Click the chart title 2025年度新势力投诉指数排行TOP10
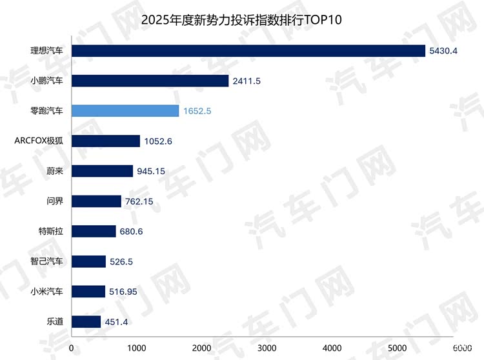coord(241,19)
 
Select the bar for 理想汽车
coord(248,51)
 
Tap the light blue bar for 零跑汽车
coord(125,111)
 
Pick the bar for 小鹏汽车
coord(150,81)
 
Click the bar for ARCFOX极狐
coord(105,141)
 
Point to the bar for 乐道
coord(86,321)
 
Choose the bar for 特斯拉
coord(94,231)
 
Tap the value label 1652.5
coord(197,111)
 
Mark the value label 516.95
coord(125,292)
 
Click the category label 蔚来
coord(54,171)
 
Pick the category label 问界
coord(54,201)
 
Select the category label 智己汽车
coord(46,261)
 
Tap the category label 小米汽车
coord(46,292)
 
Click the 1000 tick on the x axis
coord(136,348)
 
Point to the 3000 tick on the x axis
coord(267,348)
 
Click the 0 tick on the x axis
coord(72,348)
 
